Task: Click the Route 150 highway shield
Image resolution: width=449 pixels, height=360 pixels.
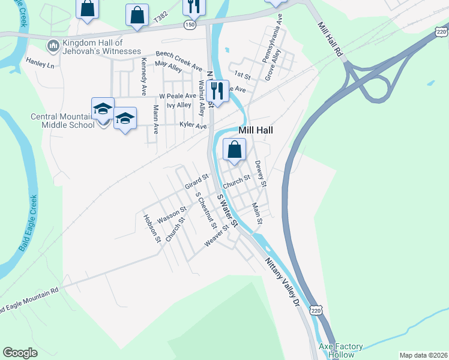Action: pos(190,25)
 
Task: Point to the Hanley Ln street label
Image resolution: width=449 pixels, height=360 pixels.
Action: pos(40,62)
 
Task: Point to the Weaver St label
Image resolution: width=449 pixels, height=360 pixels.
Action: pos(217,235)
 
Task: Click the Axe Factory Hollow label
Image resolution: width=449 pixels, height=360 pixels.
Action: pos(340,350)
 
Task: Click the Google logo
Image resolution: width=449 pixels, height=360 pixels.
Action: pos(20,353)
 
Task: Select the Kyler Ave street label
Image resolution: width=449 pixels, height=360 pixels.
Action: pos(193,125)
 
